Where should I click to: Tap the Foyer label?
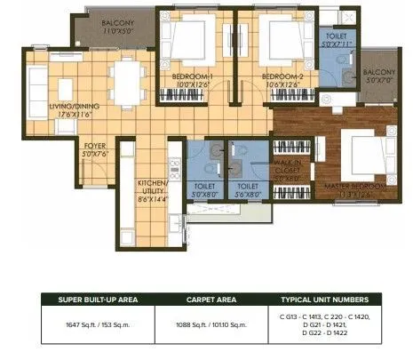click(95, 145)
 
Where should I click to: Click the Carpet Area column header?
click(214, 300)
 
